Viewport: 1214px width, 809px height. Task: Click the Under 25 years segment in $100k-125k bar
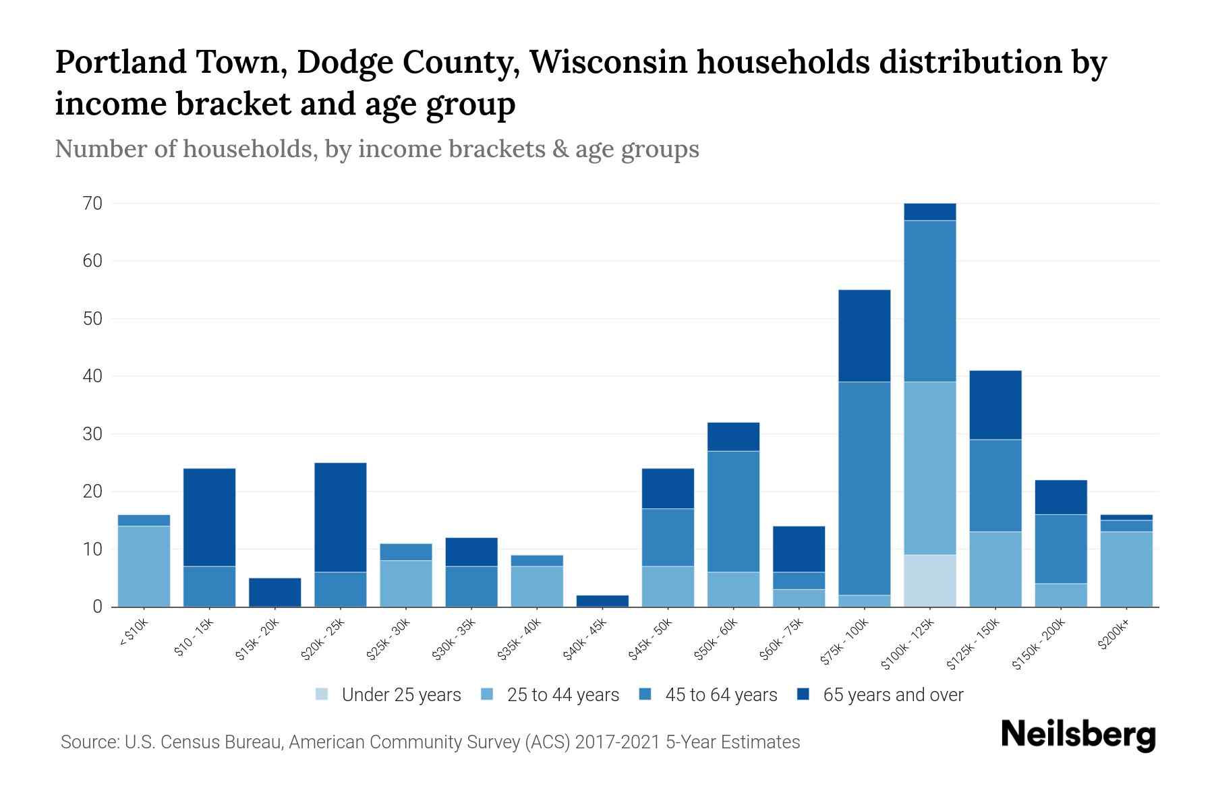pyautogui.click(x=930, y=580)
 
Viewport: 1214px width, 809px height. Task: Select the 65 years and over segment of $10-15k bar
pyautogui.click(x=209, y=517)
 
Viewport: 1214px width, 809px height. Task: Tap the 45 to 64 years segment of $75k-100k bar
pyautogui.click(x=864, y=488)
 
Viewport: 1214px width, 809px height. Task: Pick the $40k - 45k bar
pyautogui.click(x=602, y=601)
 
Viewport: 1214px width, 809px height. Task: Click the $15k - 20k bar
pyautogui.click(x=274, y=592)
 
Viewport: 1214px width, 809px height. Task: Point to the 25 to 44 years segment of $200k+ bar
pyautogui.click(x=1126, y=569)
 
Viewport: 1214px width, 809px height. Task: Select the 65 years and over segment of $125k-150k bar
pyautogui.click(x=995, y=405)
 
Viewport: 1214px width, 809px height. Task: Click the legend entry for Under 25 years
pyautogui.click(x=388, y=694)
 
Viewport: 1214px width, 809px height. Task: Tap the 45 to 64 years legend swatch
pyautogui.click(x=645, y=694)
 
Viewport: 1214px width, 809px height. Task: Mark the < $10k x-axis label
pyautogui.click(x=134, y=634)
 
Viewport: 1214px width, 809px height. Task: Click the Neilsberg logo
pyautogui.click(x=1078, y=735)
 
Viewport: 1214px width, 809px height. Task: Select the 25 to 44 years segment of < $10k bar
pyautogui.click(x=144, y=566)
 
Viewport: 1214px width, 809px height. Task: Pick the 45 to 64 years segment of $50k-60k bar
pyautogui.click(x=733, y=511)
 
